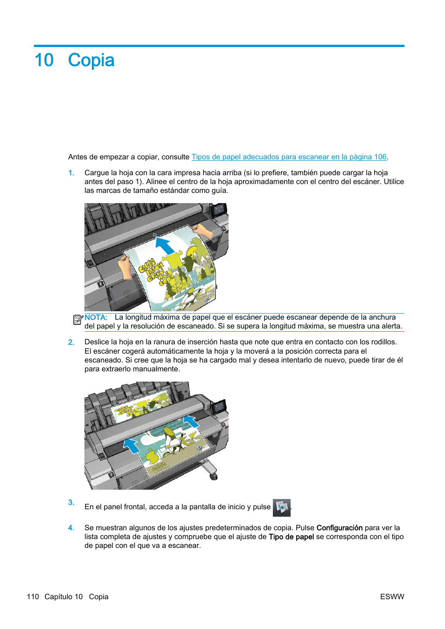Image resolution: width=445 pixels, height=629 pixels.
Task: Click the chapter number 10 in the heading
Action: tap(44, 61)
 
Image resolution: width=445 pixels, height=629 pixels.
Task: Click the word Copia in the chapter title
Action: tap(91, 61)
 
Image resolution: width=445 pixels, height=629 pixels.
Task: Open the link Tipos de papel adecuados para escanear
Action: tap(289, 157)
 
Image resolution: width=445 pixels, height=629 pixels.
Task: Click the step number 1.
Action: tap(71, 173)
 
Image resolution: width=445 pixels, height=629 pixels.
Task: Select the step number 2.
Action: tap(71, 342)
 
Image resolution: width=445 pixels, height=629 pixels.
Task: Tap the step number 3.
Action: tap(71, 502)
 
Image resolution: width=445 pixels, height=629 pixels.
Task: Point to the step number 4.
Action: tap(71, 528)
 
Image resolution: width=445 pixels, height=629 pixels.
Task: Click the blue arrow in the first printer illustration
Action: tap(164, 245)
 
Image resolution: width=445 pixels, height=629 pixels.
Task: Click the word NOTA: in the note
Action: tap(96, 317)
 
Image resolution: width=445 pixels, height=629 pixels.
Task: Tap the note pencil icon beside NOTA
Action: tap(78, 320)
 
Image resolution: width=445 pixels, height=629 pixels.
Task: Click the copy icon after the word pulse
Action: tap(282, 507)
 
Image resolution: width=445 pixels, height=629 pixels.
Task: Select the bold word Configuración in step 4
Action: tap(339, 528)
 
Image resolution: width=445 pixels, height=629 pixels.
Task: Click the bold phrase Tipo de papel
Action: tap(291, 537)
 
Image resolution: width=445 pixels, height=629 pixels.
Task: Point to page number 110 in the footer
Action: tap(33, 597)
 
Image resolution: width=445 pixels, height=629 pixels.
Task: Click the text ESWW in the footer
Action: tap(392, 597)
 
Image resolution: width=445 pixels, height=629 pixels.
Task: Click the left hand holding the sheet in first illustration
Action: tap(125, 267)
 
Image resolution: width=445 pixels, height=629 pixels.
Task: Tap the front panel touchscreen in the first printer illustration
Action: tap(218, 210)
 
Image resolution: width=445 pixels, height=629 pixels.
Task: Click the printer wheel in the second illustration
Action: tap(213, 476)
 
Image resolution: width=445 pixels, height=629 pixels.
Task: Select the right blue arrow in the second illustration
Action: tap(191, 422)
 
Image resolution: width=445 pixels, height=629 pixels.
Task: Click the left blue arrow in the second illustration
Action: tap(132, 446)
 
